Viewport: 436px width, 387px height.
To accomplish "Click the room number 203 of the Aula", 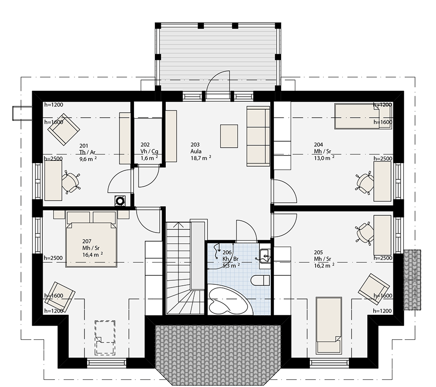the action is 195,144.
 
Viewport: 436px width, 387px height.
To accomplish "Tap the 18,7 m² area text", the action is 201,158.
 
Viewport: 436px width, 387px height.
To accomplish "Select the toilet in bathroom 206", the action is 260,280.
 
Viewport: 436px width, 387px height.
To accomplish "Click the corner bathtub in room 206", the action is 230,299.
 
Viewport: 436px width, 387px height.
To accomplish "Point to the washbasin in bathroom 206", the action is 264,255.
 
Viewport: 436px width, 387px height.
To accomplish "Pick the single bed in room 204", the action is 363,116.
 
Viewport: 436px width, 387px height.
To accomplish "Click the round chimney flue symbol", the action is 120,200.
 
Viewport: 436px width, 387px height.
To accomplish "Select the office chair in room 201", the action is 71,183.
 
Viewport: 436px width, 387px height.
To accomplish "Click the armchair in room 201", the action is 64,129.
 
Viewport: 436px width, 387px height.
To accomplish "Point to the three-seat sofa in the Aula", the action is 258,136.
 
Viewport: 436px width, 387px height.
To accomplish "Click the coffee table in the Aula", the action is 229,136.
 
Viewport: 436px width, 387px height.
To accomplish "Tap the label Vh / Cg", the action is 149,151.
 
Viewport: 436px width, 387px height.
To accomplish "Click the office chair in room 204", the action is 365,183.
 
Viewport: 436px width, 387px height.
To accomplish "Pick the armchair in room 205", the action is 374,289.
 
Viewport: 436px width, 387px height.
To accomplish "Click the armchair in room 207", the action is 59,297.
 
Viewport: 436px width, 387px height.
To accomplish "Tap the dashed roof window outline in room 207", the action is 105,337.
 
